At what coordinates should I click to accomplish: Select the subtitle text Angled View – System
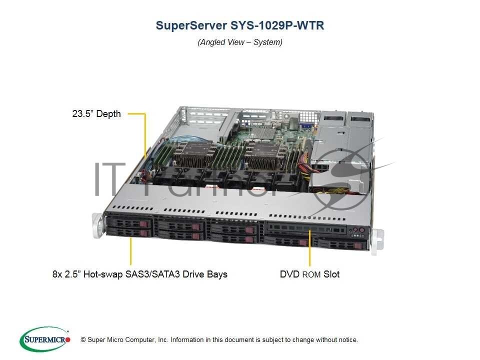pos(240,42)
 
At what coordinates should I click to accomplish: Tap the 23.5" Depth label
pos(96,114)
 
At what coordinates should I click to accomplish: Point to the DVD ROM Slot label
pos(309,274)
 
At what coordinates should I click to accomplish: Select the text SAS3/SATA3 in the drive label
pos(166,274)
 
